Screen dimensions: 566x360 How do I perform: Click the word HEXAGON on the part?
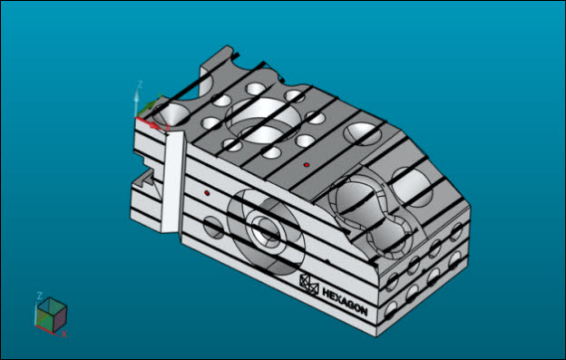(345, 302)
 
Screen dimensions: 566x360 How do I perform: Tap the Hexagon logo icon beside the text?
(309, 285)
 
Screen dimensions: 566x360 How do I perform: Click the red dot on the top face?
(307, 165)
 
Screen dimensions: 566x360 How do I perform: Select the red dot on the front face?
(207, 193)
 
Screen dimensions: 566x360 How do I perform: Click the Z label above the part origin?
(140, 85)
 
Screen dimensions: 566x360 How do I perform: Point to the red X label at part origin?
(168, 127)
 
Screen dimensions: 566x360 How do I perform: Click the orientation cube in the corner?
(52, 315)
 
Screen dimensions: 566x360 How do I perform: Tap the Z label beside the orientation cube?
(40, 296)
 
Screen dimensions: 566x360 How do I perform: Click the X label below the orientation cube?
(63, 334)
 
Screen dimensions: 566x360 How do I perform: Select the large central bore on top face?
(263, 120)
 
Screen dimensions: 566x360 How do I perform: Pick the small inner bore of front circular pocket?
(266, 231)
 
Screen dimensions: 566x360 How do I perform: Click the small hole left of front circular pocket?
(214, 228)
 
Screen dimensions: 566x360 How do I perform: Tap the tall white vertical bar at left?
(172, 182)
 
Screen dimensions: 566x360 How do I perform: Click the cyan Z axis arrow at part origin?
(136, 103)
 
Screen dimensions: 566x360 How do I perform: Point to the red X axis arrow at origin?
(149, 122)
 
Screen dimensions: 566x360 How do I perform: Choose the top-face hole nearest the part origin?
(171, 114)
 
